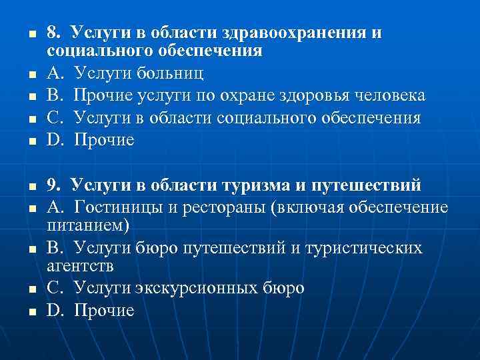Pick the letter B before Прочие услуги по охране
(53, 95)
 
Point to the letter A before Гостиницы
(53, 207)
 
